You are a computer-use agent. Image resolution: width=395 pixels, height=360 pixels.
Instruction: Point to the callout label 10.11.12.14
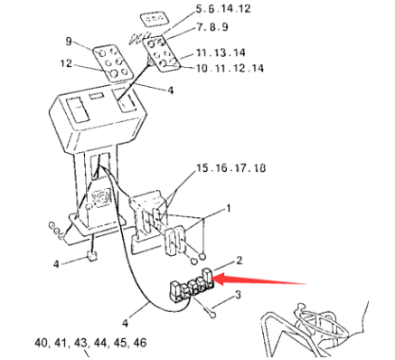tap(231, 69)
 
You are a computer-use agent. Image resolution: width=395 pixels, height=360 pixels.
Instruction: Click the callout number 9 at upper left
tap(68, 42)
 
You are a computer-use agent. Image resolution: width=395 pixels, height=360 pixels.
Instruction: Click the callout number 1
tap(228, 208)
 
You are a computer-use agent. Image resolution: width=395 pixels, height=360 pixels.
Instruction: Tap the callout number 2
tap(240, 261)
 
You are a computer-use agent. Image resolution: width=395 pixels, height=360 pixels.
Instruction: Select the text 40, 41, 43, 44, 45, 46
tap(90, 344)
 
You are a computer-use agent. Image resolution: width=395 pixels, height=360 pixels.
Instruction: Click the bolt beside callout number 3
tap(209, 309)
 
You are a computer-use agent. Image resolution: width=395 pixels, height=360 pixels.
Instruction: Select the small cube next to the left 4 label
tap(90, 257)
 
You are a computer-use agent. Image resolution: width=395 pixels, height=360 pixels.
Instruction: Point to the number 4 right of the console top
tap(170, 90)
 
